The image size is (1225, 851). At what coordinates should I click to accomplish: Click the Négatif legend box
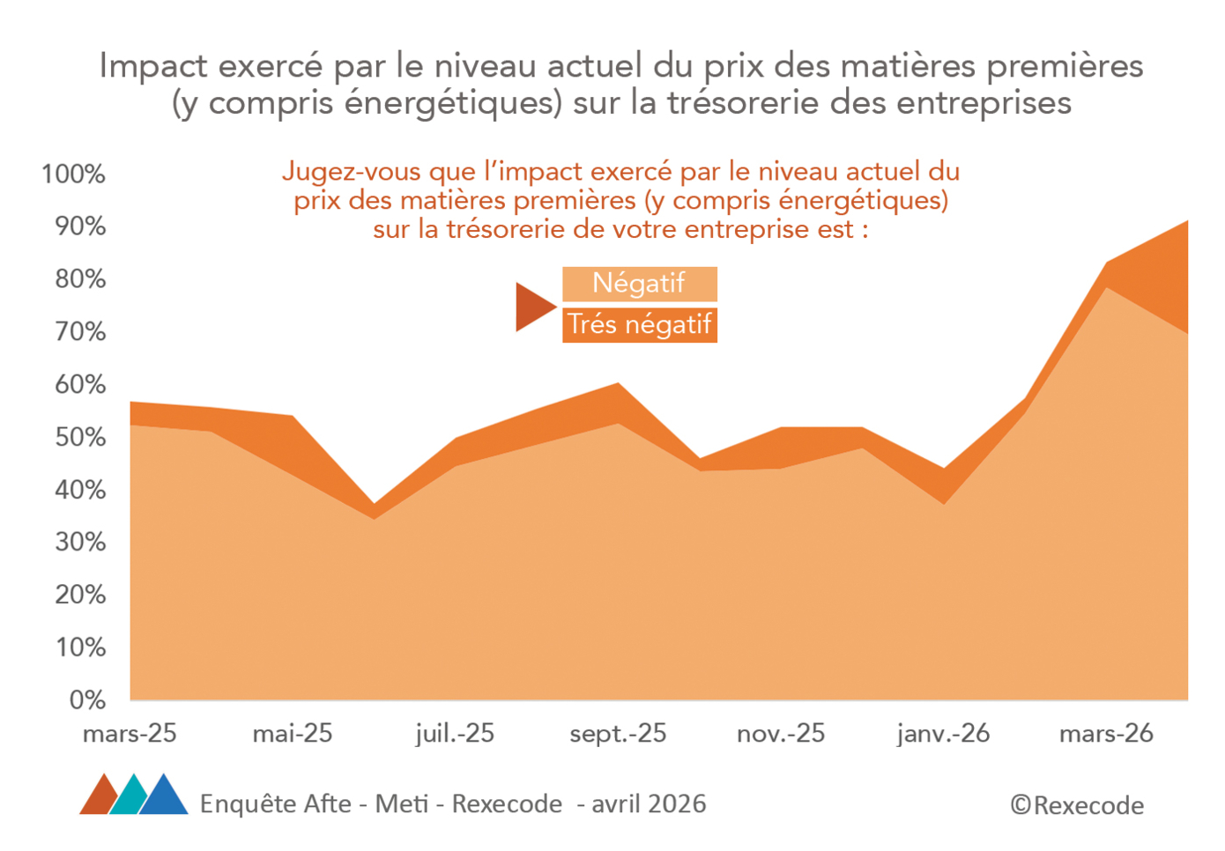click(639, 284)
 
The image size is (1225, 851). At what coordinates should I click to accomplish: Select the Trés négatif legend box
click(639, 325)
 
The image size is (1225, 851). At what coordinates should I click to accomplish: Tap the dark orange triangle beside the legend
click(532, 307)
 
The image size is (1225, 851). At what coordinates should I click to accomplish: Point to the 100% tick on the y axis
click(73, 174)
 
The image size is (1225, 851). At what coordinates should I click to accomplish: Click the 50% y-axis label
click(79, 438)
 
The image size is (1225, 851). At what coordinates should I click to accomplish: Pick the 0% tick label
click(87, 700)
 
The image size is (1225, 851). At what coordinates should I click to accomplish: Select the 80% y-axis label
click(79, 279)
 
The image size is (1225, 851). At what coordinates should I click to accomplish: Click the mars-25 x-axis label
click(130, 734)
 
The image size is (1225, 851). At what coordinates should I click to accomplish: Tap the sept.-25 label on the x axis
click(618, 734)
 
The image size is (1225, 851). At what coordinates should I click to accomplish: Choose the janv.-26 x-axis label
click(943, 734)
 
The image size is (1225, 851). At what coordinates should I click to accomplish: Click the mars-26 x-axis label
click(1106, 734)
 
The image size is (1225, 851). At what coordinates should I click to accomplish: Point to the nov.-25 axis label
click(781, 734)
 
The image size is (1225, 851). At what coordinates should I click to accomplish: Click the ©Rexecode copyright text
click(1077, 805)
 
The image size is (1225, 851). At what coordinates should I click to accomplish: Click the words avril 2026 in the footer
click(649, 804)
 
